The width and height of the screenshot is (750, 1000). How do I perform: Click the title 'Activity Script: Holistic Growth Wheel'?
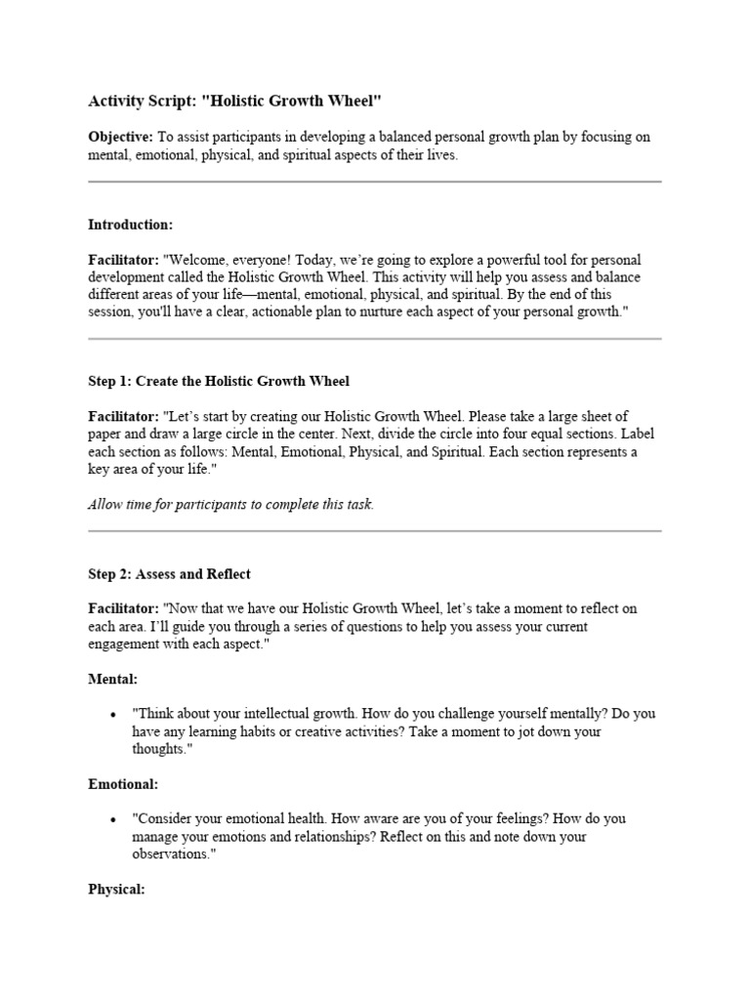[x=234, y=101]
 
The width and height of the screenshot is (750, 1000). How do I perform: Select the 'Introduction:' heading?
[x=130, y=225]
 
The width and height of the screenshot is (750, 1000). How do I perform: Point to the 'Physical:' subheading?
[x=116, y=890]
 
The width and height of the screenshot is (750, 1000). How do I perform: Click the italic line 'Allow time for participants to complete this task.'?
[x=230, y=505]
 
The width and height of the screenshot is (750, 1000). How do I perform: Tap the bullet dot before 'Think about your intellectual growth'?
[x=115, y=715]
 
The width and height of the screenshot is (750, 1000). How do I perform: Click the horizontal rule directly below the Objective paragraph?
[x=375, y=182]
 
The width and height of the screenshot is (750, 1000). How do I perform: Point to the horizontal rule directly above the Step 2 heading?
[x=375, y=531]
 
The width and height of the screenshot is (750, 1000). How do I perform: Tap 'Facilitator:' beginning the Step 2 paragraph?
[x=123, y=608]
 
